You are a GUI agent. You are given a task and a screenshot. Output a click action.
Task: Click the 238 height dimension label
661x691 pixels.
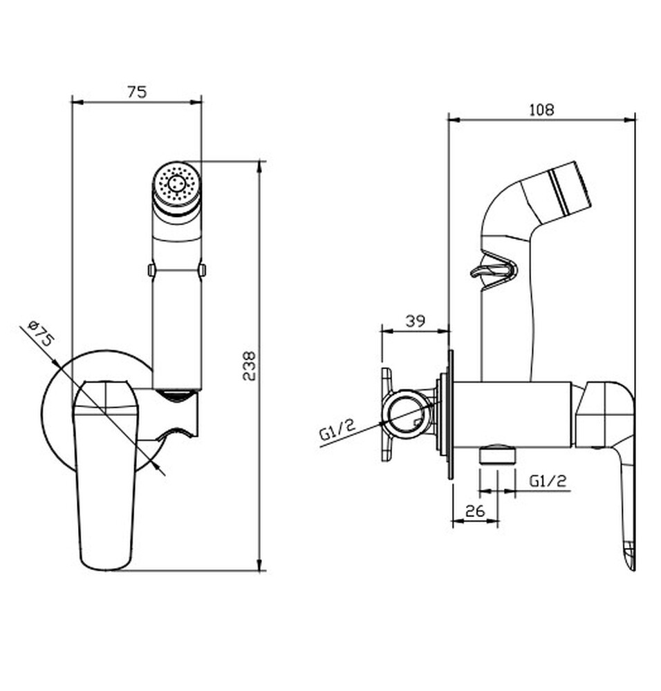click(249, 366)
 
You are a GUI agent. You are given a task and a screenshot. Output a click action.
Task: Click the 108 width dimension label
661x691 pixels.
click(541, 109)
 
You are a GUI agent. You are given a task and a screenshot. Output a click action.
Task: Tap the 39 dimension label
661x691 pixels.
click(416, 321)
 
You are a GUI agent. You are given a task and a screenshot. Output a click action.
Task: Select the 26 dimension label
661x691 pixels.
click(475, 511)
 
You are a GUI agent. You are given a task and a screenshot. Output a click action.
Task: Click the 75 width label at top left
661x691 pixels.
click(137, 92)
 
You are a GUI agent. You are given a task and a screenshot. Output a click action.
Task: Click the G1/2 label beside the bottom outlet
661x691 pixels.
click(547, 480)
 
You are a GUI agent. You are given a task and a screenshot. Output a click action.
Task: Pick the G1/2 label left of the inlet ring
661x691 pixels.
click(337, 430)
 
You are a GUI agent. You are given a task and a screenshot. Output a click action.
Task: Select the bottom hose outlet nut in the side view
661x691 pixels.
click(497, 454)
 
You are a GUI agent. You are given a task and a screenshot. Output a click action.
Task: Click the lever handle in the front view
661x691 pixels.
click(105, 475)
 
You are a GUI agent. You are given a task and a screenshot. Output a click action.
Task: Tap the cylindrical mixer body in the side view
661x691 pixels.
click(512, 414)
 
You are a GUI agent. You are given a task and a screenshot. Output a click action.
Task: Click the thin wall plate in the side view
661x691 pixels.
click(450, 414)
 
